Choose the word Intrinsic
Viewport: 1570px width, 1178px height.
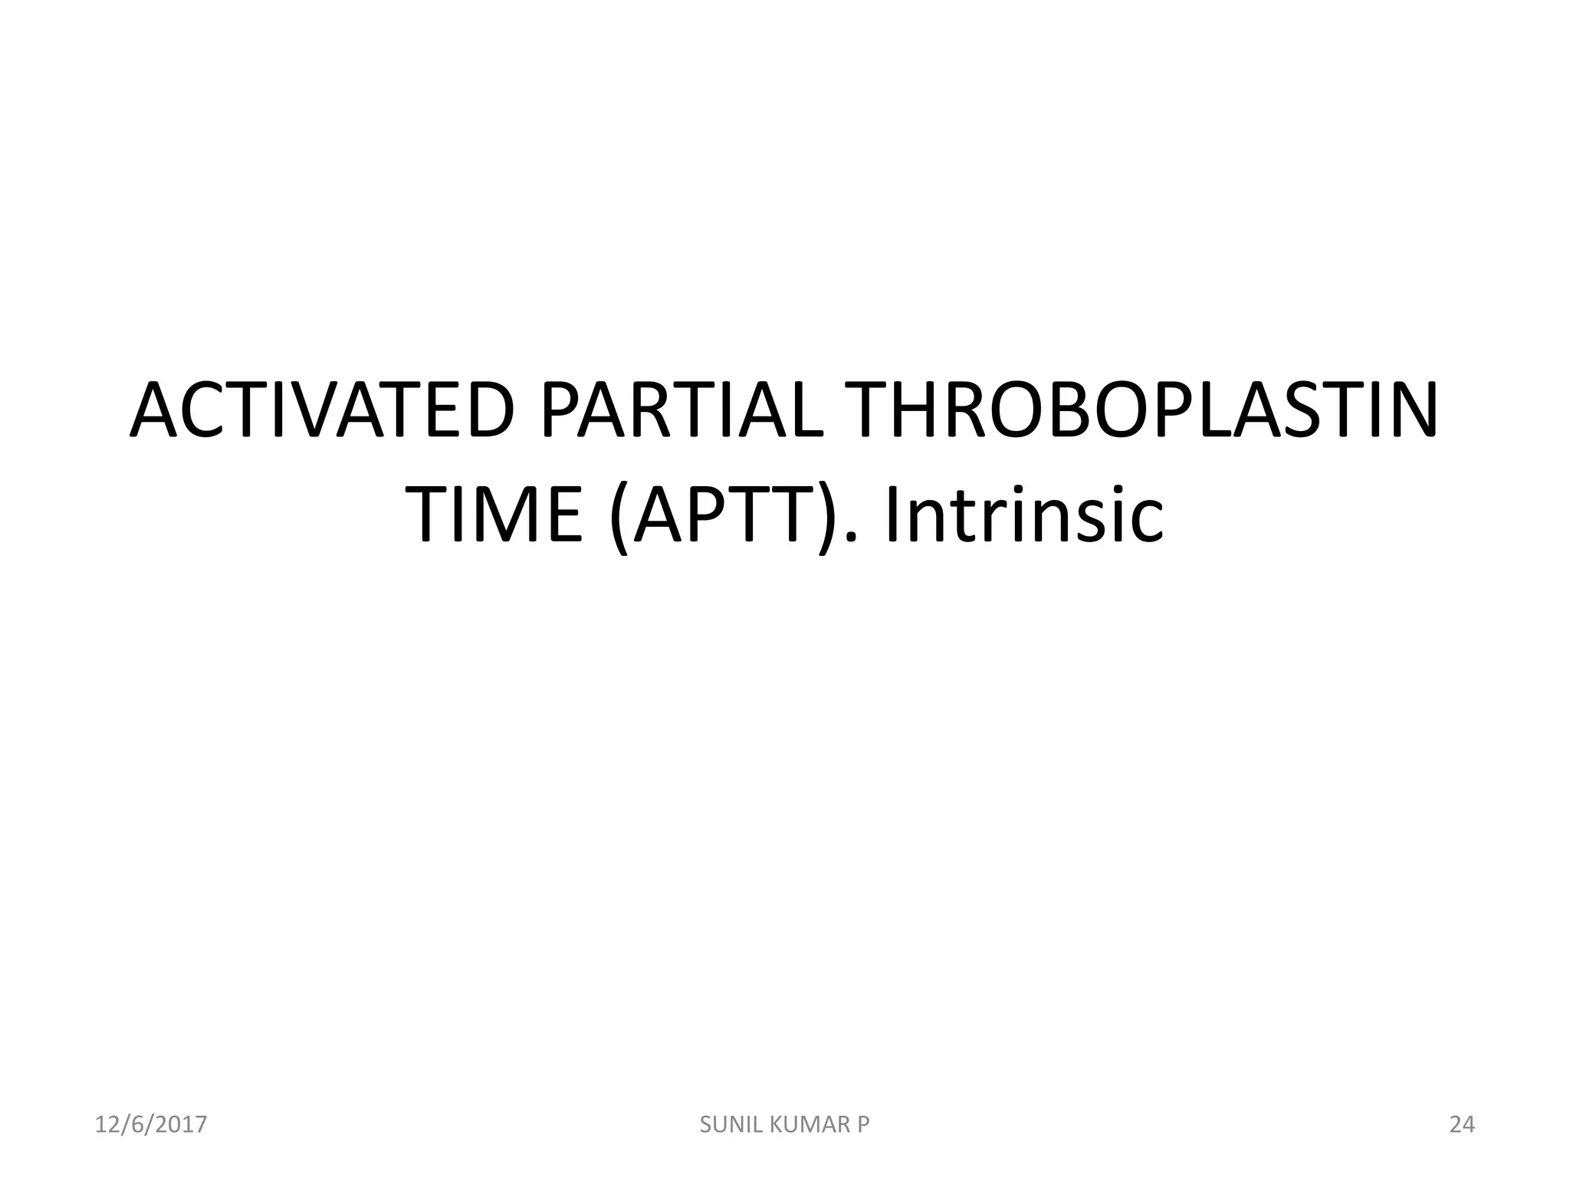click(1024, 515)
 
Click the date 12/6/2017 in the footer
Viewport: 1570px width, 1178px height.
click(151, 1125)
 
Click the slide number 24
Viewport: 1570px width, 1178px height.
click(1462, 1125)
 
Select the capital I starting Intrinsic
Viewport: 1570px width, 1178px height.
click(894, 515)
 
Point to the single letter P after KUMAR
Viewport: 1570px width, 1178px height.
click(863, 1125)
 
